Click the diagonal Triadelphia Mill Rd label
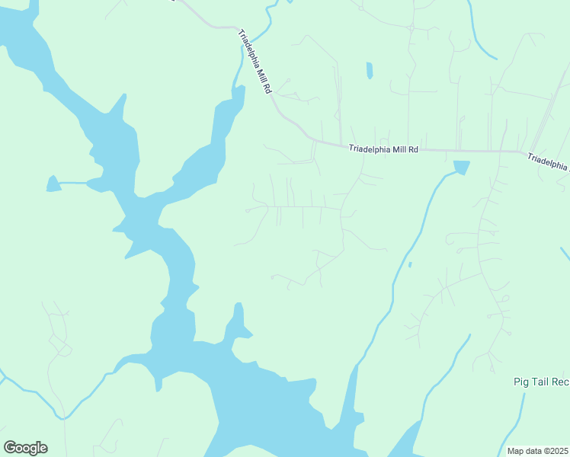(x=255, y=62)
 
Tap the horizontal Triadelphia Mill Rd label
(x=384, y=150)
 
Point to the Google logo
(x=25, y=448)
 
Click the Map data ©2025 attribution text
(x=537, y=451)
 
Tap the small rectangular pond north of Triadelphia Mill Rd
(x=370, y=71)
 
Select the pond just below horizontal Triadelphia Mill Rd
(x=461, y=168)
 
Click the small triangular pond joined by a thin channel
(x=53, y=184)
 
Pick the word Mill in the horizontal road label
(x=399, y=150)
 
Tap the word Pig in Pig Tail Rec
(x=521, y=382)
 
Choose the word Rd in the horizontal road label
(x=414, y=150)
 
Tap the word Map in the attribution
(x=516, y=451)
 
